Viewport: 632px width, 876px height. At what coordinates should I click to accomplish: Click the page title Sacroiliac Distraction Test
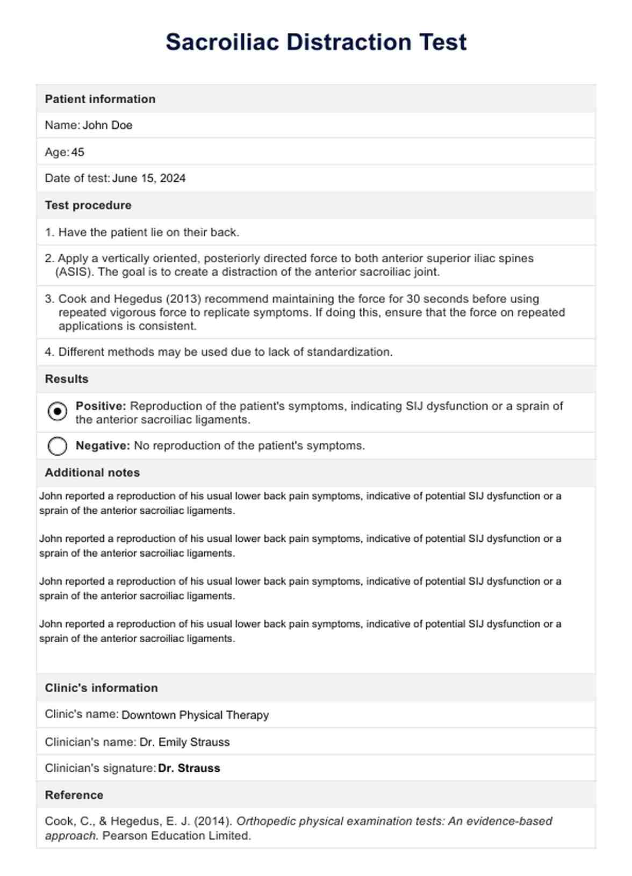316,42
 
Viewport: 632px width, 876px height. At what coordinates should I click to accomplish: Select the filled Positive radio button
58,412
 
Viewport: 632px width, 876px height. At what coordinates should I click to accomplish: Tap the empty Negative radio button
58,446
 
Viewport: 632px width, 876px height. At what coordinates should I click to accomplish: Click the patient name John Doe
107,125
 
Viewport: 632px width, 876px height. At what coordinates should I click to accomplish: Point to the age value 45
78,152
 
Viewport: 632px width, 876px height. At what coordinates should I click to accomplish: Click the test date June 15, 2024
149,178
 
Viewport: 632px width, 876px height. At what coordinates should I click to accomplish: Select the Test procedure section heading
88,205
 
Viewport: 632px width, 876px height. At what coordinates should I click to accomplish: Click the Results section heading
67,379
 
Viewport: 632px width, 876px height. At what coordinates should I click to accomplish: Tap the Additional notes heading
92,473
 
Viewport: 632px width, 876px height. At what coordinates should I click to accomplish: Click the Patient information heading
100,99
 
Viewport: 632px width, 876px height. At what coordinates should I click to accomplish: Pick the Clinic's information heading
102,688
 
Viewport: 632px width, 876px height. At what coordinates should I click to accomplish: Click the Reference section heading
74,795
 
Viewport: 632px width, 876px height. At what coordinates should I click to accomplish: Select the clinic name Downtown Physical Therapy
195,715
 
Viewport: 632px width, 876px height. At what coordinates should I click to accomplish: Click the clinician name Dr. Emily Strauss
185,742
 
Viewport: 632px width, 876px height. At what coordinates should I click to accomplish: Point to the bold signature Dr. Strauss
189,769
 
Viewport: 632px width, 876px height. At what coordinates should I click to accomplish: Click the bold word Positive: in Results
101,406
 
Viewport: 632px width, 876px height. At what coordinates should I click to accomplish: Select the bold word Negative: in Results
103,446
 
